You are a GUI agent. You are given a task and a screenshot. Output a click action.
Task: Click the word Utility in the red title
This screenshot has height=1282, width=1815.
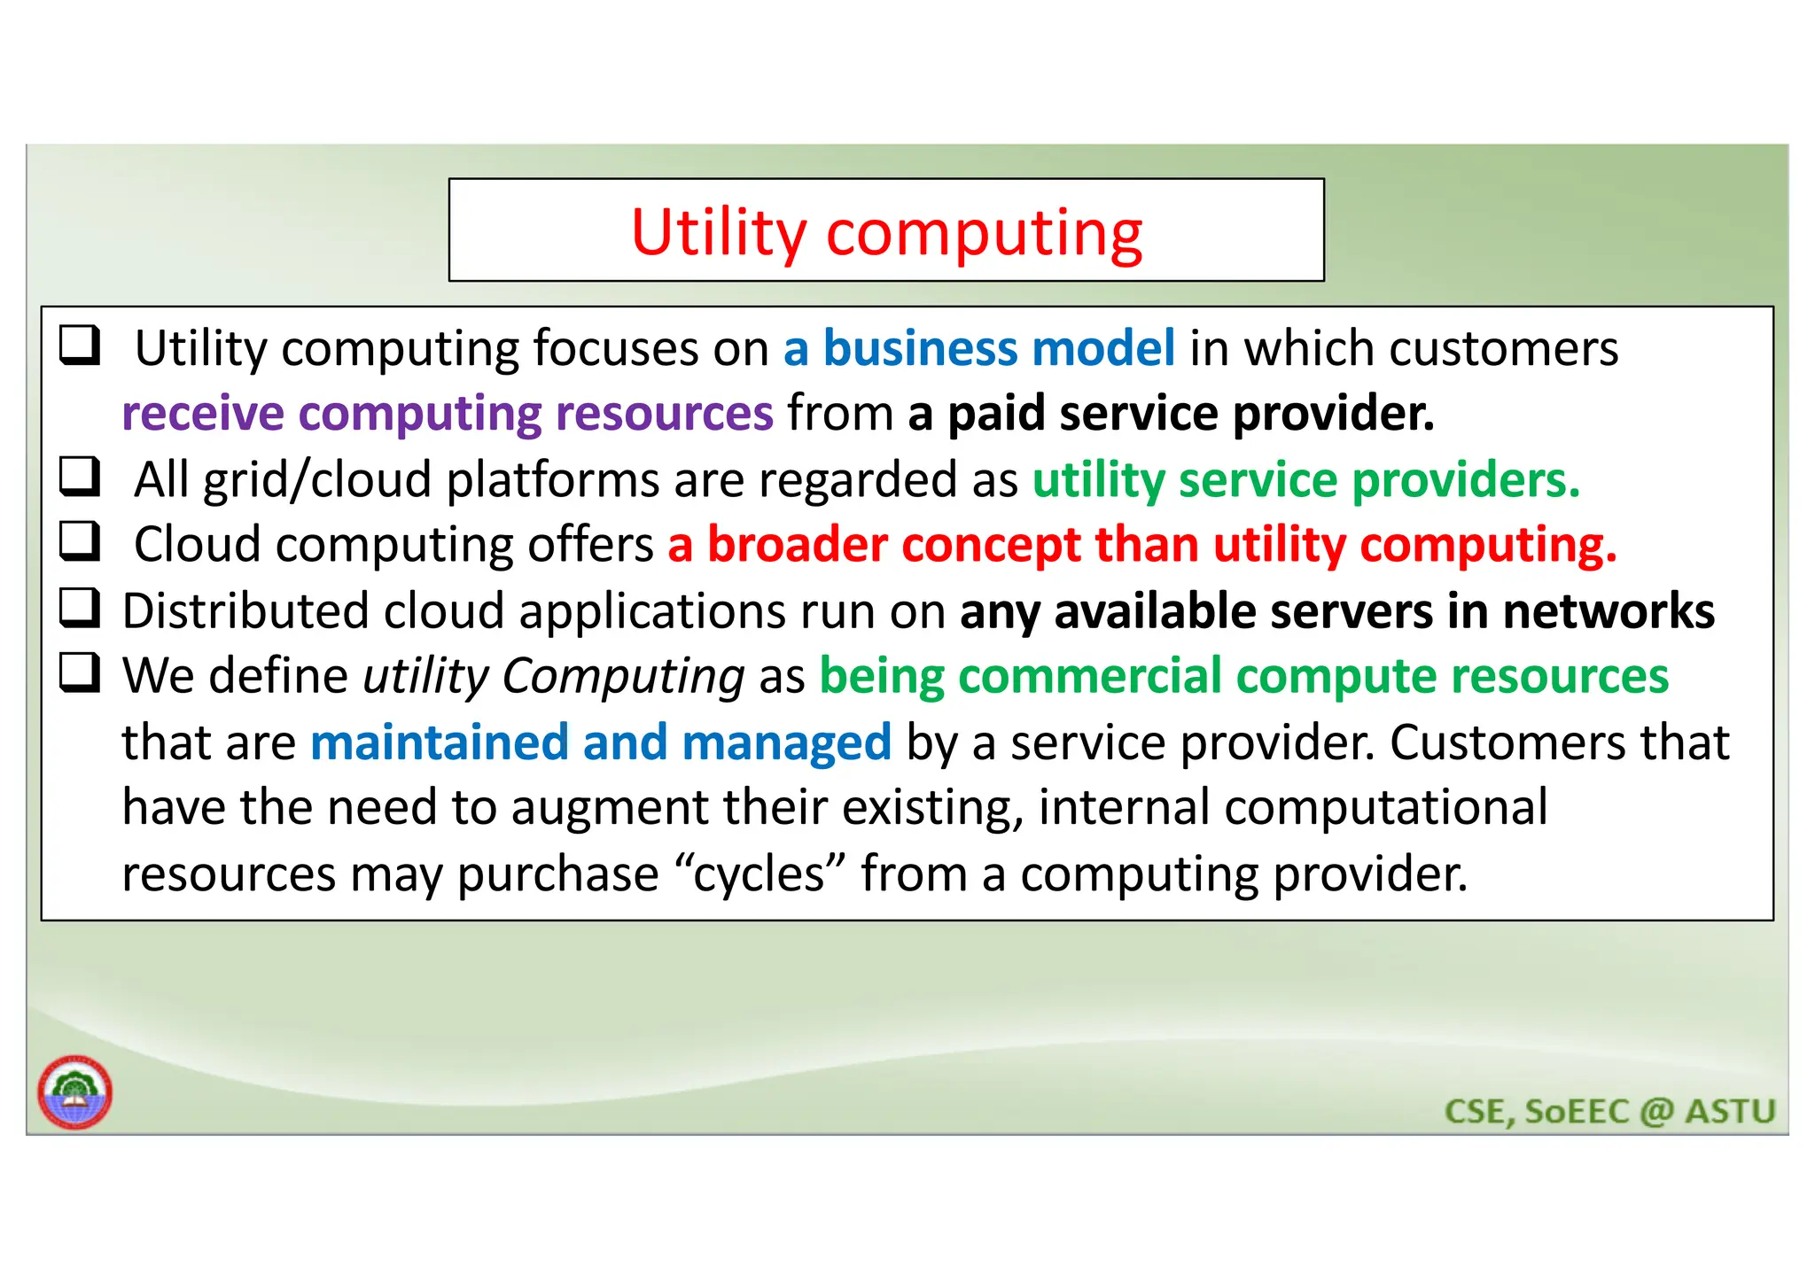point(718,233)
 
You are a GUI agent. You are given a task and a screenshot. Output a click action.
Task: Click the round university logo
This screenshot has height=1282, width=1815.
point(75,1092)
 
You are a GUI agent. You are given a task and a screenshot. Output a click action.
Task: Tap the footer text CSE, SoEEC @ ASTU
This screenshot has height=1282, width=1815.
point(1609,1111)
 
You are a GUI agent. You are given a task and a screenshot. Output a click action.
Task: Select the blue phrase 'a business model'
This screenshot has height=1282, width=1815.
point(978,348)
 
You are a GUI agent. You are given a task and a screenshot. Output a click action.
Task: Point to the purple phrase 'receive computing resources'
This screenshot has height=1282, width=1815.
point(448,414)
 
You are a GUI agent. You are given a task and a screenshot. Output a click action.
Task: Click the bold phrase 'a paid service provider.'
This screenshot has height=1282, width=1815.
point(1171,414)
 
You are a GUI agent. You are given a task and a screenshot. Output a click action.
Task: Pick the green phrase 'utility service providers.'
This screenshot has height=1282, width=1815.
point(1305,480)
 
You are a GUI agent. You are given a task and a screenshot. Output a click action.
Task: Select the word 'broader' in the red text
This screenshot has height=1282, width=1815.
point(797,545)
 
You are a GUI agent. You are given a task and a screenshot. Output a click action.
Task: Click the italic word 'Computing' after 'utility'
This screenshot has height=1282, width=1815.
point(623,677)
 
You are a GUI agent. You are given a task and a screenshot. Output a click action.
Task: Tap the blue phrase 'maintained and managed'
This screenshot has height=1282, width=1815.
point(600,742)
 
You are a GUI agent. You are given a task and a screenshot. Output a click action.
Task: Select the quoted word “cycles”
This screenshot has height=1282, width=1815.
point(759,874)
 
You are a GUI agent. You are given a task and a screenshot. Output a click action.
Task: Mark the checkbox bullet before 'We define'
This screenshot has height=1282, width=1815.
point(80,672)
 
